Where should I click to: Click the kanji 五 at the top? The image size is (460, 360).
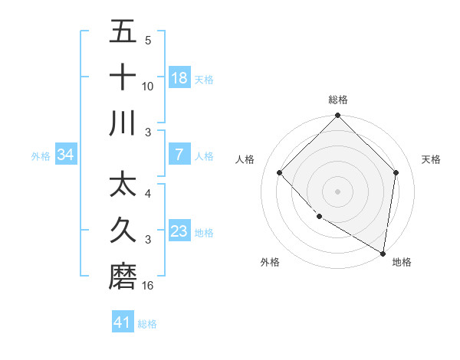click(x=123, y=32)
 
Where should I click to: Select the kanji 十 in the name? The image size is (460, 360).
click(x=123, y=77)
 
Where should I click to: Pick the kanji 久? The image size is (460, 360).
click(x=123, y=231)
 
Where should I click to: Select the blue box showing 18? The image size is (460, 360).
click(x=179, y=78)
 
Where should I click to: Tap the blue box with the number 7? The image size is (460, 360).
click(x=179, y=155)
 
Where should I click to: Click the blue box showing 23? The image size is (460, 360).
click(x=179, y=231)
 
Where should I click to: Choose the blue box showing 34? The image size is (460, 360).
click(x=66, y=155)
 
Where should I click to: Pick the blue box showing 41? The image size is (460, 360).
click(x=123, y=322)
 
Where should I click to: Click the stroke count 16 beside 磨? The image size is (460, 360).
click(x=148, y=286)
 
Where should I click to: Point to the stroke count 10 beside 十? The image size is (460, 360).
click(x=148, y=87)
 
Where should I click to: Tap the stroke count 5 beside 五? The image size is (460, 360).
click(x=148, y=41)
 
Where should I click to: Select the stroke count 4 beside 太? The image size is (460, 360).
click(x=148, y=194)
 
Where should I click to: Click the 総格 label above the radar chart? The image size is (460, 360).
click(x=337, y=100)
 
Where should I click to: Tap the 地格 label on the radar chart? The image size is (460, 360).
click(x=402, y=262)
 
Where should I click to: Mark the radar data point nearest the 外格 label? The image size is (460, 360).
click(x=319, y=217)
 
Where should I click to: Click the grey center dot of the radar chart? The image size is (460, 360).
click(x=337, y=191)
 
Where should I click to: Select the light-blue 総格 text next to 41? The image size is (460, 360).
click(x=147, y=324)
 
